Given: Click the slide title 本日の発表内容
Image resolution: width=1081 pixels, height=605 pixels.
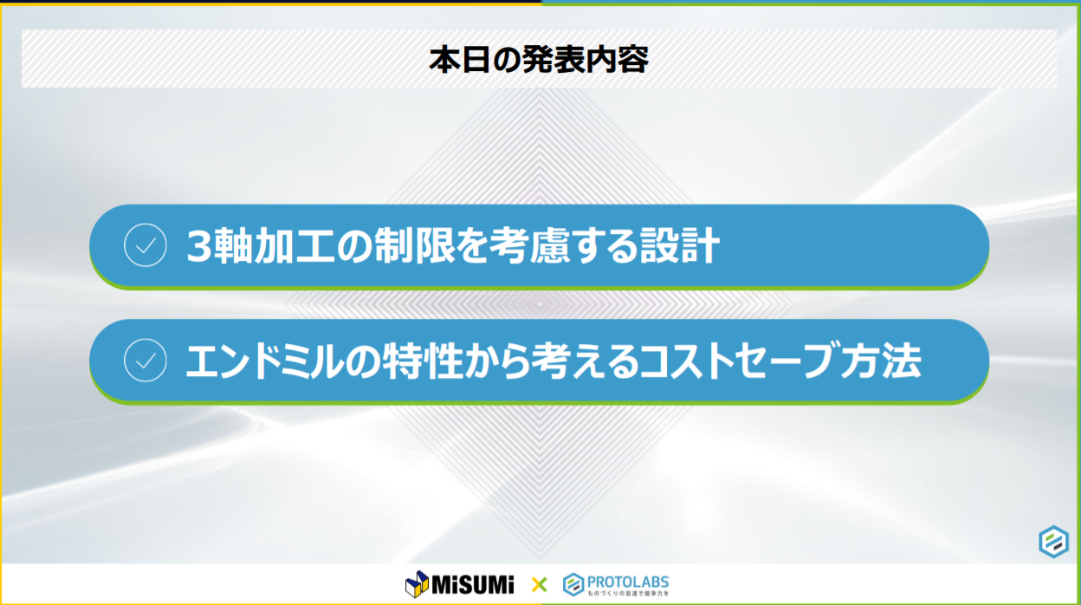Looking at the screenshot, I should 538,59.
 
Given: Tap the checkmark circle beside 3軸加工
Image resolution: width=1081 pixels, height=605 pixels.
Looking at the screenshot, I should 146,246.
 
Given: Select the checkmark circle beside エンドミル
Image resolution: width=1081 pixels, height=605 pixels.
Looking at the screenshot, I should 146,361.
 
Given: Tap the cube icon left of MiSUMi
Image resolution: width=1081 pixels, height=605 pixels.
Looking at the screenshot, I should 417,585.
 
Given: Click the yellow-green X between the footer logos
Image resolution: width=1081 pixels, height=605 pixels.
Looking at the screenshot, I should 539,585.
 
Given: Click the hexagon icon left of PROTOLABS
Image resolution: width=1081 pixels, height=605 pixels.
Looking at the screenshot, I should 573,585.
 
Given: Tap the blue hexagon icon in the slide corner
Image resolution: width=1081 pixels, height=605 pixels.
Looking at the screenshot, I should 1053,542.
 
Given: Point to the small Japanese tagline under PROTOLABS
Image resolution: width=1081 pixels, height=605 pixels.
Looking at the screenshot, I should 628,594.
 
